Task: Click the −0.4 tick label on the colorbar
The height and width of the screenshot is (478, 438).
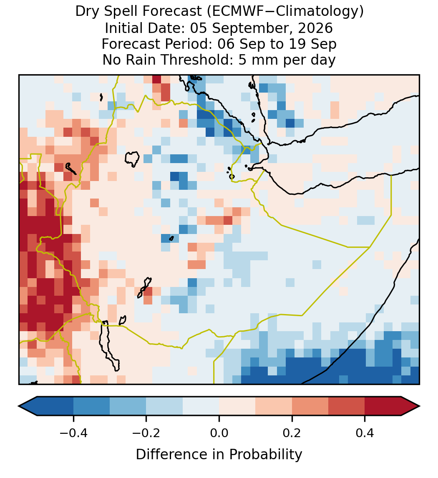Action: tap(73, 433)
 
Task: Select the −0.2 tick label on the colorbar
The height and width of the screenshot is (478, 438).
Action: tap(146, 433)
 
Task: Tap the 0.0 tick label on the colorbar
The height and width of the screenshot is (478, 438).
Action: tap(219, 433)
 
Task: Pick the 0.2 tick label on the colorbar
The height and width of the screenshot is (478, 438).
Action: tap(292, 433)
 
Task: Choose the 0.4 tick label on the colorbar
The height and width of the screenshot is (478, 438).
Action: tap(365, 433)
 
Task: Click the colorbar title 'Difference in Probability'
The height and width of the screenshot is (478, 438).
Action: tap(219, 455)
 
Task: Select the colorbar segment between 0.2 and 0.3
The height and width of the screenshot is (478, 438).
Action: tap(310, 406)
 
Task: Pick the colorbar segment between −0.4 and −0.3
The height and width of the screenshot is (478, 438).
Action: tap(91, 406)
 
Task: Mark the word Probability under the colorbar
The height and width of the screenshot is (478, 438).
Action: tap(265, 455)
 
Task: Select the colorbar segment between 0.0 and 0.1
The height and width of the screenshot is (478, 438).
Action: tap(237, 406)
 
